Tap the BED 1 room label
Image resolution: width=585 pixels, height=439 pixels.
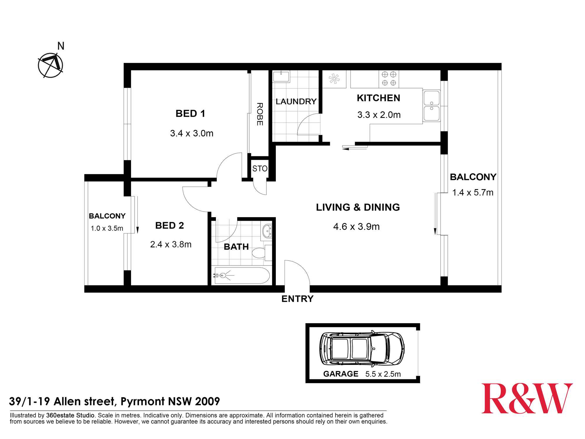click(x=190, y=114)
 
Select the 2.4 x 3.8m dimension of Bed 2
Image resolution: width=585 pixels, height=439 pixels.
click(x=171, y=244)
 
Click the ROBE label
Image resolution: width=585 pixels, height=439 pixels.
click(x=260, y=114)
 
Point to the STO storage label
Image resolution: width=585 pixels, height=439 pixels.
click(x=260, y=169)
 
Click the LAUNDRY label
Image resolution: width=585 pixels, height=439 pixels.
click(x=296, y=102)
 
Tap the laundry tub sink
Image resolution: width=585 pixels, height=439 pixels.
click(x=281, y=77)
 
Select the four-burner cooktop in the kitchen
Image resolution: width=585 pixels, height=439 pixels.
click(x=389, y=79)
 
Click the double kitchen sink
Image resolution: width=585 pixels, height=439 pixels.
click(x=431, y=106)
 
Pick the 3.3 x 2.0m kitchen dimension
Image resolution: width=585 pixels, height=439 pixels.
click(x=379, y=115)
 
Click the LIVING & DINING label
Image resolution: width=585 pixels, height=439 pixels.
click(x=358, y=207)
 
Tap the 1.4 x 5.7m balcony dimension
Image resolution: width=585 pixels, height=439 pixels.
click(x=473, y=192)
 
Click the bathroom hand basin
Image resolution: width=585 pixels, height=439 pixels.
click(x=267, y=231)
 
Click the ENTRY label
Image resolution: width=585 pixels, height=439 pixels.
click(x=297, y=299)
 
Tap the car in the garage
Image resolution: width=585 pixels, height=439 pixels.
click(x=362, y=349)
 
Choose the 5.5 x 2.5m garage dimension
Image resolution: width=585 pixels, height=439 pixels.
click(x=383, y=374)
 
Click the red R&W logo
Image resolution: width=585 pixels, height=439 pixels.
click(x=527, y=398)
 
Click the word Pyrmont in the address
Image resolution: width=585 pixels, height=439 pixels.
click(x=142, y=401)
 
